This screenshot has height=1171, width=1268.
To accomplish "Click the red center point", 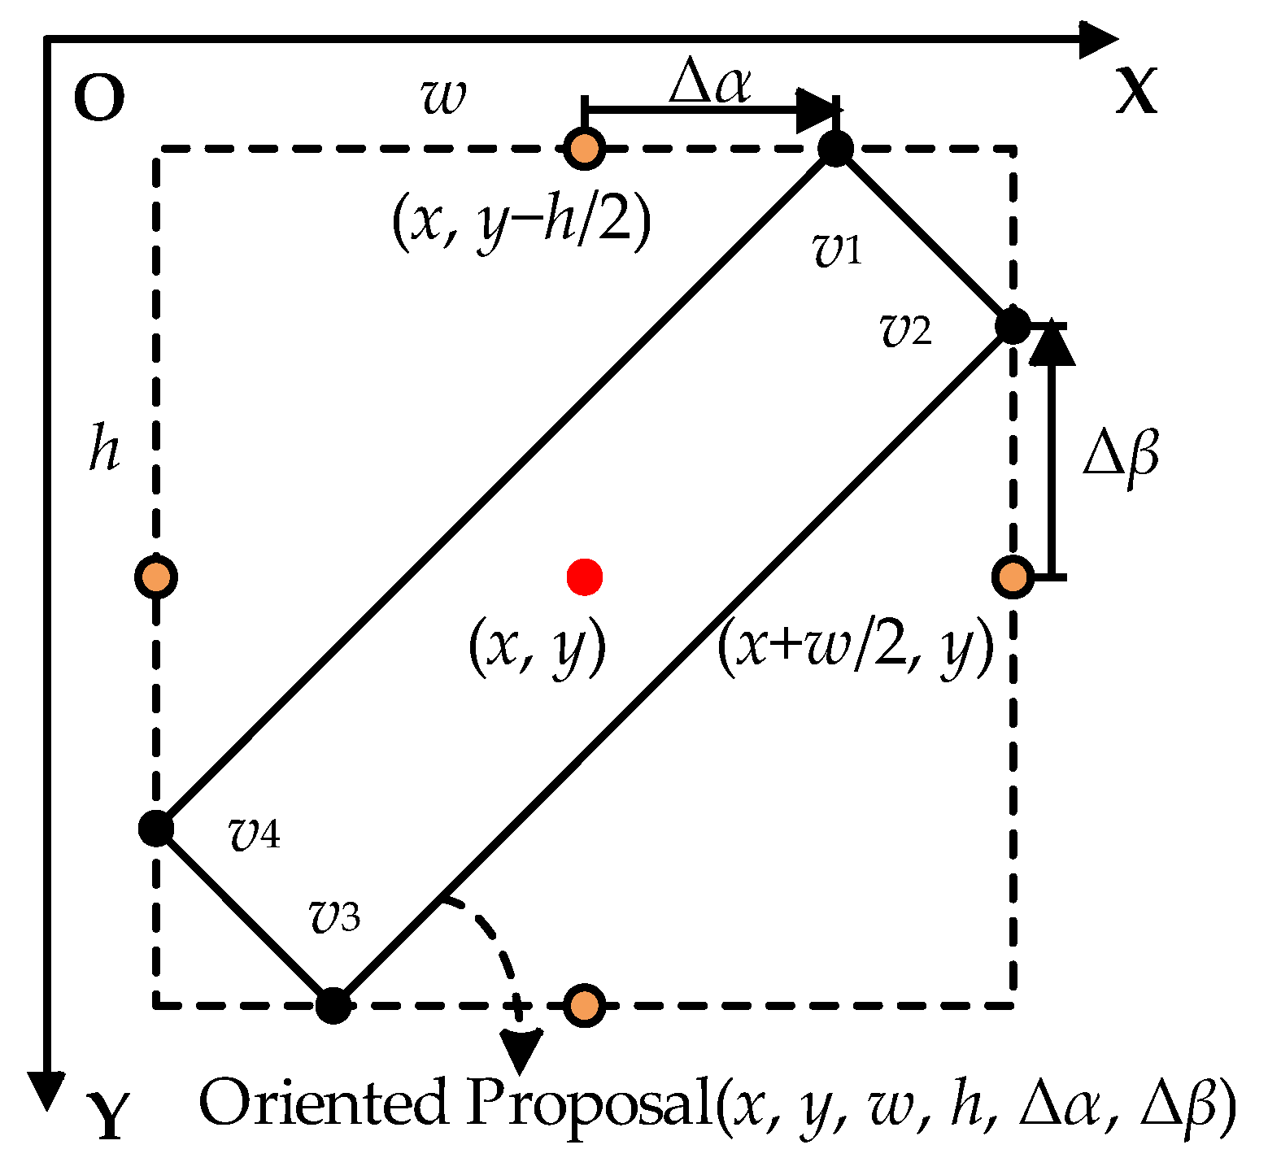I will (x=584, y=577).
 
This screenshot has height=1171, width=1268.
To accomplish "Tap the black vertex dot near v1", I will (x=835, y=149).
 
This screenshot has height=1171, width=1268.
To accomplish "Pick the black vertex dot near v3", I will (x=333, y=1006).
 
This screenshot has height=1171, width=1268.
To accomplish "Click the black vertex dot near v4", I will (x=155, y=829).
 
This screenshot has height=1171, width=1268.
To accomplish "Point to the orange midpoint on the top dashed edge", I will (x=584, y=149).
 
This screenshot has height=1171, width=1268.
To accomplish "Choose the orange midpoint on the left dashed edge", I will (x=155, y=577).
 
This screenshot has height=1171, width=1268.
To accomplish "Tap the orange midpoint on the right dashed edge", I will (x=1013, y=577).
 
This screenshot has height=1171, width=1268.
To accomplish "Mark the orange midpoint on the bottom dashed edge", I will (x=584, y=1006).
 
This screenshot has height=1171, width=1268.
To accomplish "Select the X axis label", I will (x=1135, y=91).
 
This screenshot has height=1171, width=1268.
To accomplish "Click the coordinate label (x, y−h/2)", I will (x=521, y=223).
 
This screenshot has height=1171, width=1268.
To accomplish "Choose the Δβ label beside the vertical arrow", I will (x=1121, y=458).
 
